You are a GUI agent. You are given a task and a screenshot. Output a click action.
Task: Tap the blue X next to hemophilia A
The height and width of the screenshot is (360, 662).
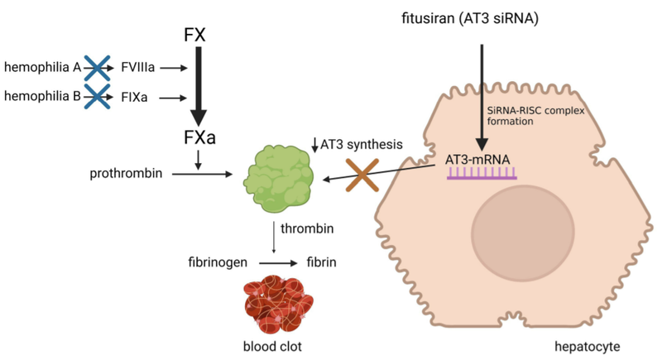(x=96, y=65)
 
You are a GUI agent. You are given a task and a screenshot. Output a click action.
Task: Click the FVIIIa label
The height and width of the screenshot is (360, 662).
(x=138, y=65)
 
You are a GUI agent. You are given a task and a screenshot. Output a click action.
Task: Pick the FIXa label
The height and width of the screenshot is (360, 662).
(x=134, y=98)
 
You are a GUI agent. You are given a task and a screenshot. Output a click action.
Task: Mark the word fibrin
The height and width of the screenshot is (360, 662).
(x=322, y=262)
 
